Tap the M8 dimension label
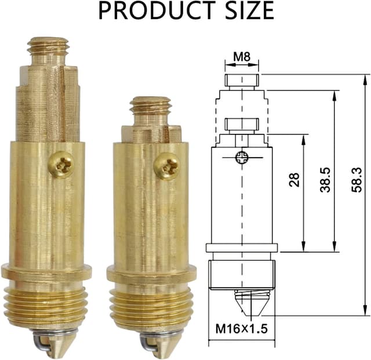(242, 57)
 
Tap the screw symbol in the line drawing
(242, 157)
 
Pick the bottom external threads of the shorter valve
(151, 307)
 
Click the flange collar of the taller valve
(46, 272)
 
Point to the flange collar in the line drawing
(242, 248)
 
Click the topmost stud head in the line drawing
(242, 80)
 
